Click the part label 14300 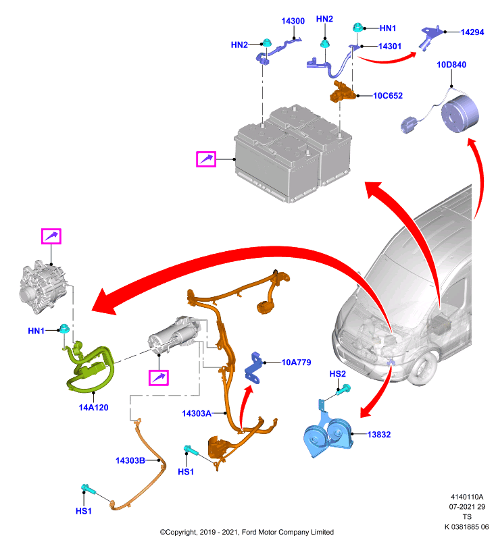[x=293, y=21]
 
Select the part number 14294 [x=472, y=32]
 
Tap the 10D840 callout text [x=451, y=65]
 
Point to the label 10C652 [x=388, y=96]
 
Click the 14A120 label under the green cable [x=93, y=408]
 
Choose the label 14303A [x=197, y=414]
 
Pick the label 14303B [x=130, y=461]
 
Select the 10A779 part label [x=296, y=362]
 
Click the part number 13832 [x=379, y=435]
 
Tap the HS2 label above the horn [x=337, y=374]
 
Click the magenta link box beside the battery [x=206, y=159]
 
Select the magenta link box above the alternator [x=51, y=236]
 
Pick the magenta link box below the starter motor [x=159, y=378]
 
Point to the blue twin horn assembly [x=327, y=434]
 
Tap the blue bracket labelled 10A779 [x=253, y=368]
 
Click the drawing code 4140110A [x=467, y=497]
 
